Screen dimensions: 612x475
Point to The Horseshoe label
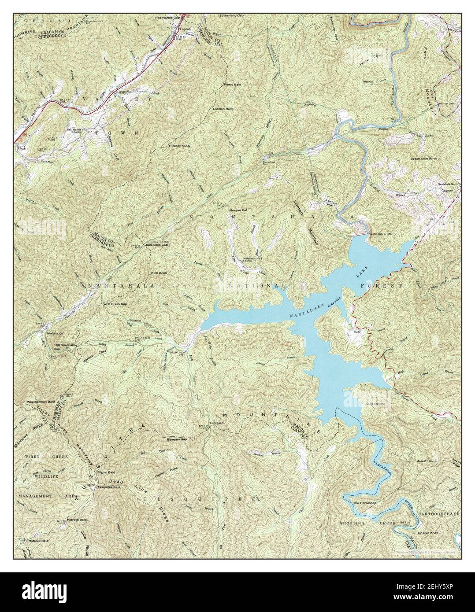click(364, 503)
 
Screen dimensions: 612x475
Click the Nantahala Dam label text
click(382, 234)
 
